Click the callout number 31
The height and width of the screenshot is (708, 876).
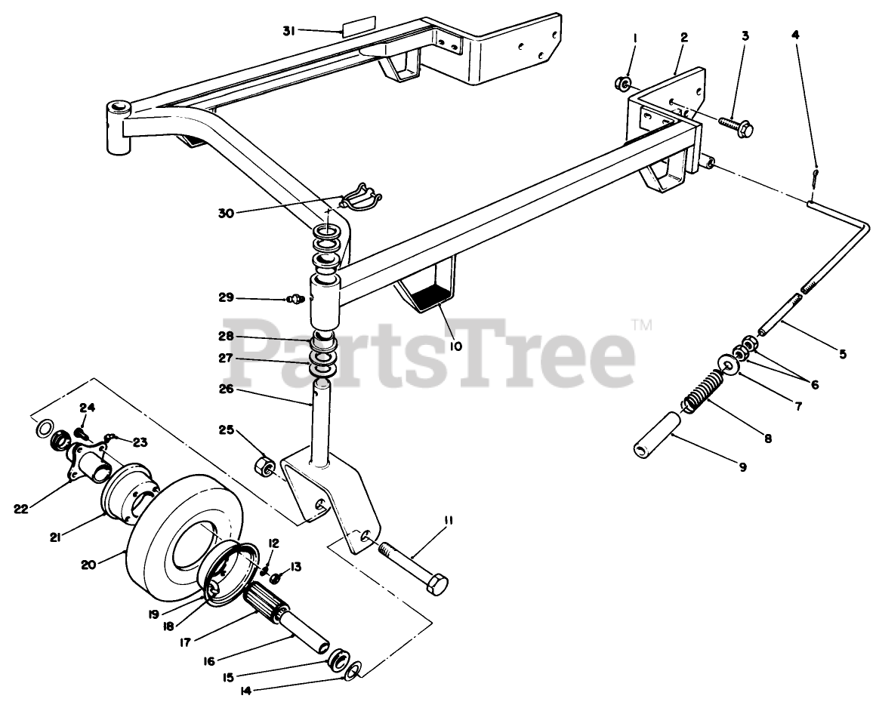click(x=288, y=31)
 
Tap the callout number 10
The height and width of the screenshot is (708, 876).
click(x=477, y=346)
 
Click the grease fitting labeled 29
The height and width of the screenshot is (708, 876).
click(x=295, y=300)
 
